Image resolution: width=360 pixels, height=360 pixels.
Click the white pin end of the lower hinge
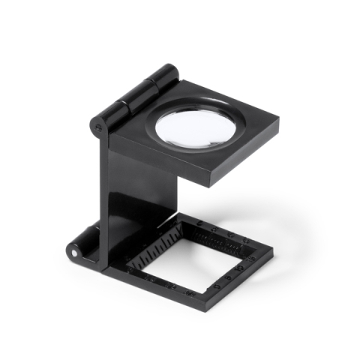coord(73,253)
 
